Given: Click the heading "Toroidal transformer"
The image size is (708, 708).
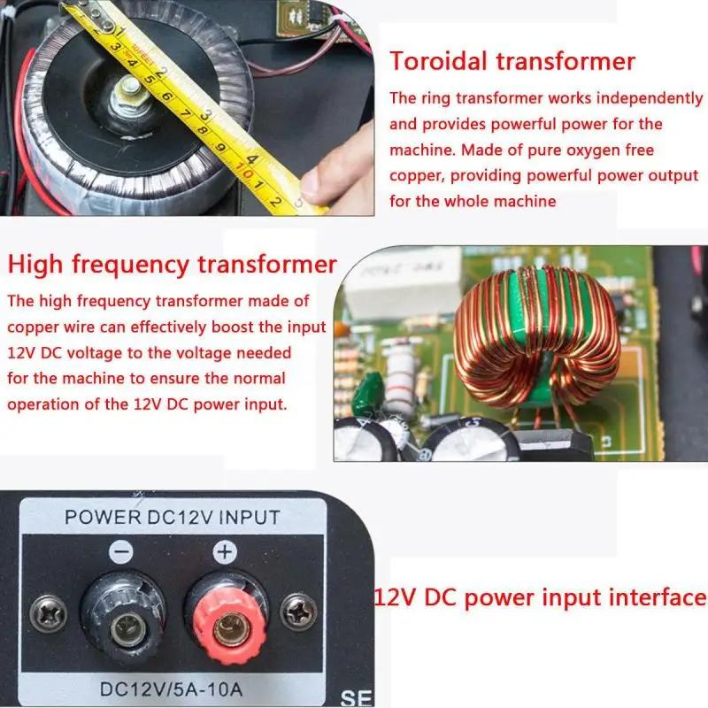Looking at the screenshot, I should [x=513, y=61].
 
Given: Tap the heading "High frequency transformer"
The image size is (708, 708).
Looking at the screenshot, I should [x=173, y=264].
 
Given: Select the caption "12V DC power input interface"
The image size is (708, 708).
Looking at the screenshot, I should [x=541, y=596].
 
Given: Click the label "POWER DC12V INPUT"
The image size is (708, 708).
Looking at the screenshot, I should [x=173, y=517].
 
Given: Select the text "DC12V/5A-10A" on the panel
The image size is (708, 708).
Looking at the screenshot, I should [x=173, y=687].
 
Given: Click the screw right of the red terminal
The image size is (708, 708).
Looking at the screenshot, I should [x=294, y=611].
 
